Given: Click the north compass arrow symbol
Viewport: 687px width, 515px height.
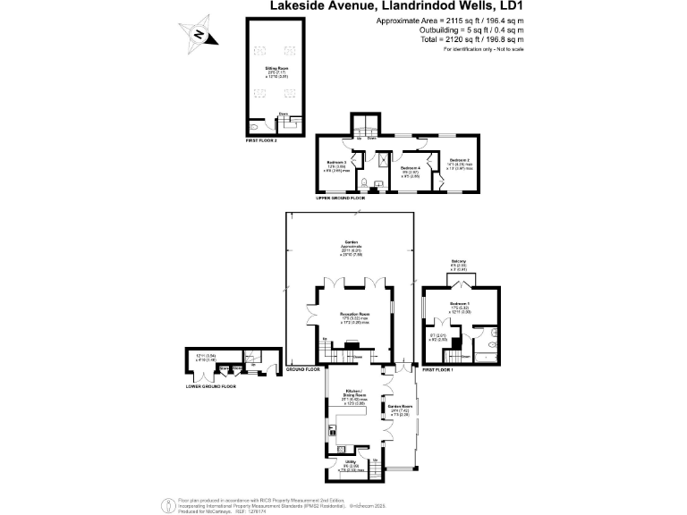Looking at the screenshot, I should pyautogui.click(x=200, y=35).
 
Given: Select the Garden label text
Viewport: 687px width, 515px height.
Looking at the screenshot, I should pyautogui.click(x=352, y=242).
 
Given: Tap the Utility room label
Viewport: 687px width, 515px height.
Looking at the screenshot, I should pyautogui.click(x=352, y=461).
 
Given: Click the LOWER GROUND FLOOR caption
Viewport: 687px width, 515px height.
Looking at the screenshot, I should pyautogui.click(x=211, y=386).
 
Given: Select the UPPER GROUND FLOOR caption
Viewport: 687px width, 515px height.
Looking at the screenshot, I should pyautogui.click(x=341, y=197).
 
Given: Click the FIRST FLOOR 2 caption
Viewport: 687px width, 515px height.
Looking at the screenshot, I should pyautogui.click(x=262, y=141).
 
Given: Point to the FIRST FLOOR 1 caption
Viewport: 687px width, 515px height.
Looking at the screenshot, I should pyautogui.click(x=437, y=368).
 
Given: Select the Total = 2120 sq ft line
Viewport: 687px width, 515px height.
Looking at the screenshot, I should pyautogui.click(x=472, y=38).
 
